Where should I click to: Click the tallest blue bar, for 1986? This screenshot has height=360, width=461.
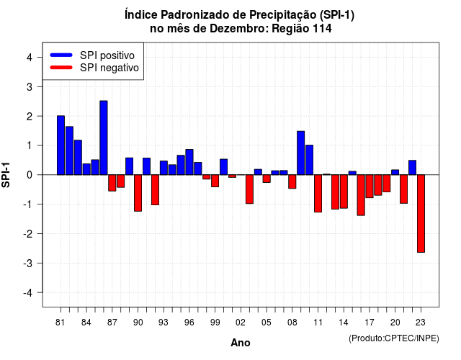(x=104, y=138)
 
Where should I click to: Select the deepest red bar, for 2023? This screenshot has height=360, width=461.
(x=421, y=213)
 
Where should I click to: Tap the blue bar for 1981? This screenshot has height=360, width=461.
(x=61, y=145)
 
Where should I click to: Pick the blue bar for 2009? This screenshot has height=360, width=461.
(x=301, y=153)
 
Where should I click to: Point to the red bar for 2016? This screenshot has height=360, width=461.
(x=361, y=195)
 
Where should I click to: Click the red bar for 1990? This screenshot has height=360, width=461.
(x=138, y=193)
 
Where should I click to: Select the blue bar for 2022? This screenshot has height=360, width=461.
(x=413, y=168)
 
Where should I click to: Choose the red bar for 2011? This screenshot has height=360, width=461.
(x=318, y=194)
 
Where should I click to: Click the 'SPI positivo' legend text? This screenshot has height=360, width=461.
(x=107, y=55)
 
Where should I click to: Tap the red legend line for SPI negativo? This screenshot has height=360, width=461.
(x=61, y=68)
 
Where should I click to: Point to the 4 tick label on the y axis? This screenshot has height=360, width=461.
(x=30, y=58)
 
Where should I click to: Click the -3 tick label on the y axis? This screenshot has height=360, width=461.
(x=28, y=263)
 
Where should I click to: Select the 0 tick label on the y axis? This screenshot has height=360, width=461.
(x=30, y=175)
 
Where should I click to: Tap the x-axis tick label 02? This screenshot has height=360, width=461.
(x=241, y=323)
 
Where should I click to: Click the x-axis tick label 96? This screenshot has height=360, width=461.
(x=189, y=323)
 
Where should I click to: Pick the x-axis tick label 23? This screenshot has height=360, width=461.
(x=421, y=323)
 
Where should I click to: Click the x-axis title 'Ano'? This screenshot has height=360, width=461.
(x=241, y=343)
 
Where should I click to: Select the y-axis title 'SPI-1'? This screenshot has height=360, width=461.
(x=6, y=175)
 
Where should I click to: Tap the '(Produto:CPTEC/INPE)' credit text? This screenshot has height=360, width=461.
(x=394, y=338)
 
